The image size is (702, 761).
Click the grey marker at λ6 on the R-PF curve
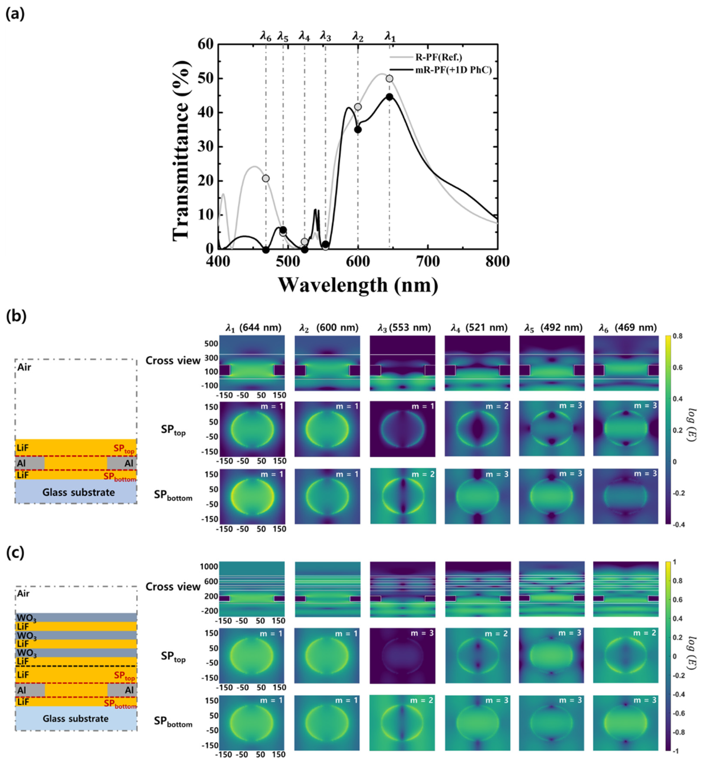266,178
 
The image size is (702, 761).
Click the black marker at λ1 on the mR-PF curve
389,97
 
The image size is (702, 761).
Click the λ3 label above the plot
325,36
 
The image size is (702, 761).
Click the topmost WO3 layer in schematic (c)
76,617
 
